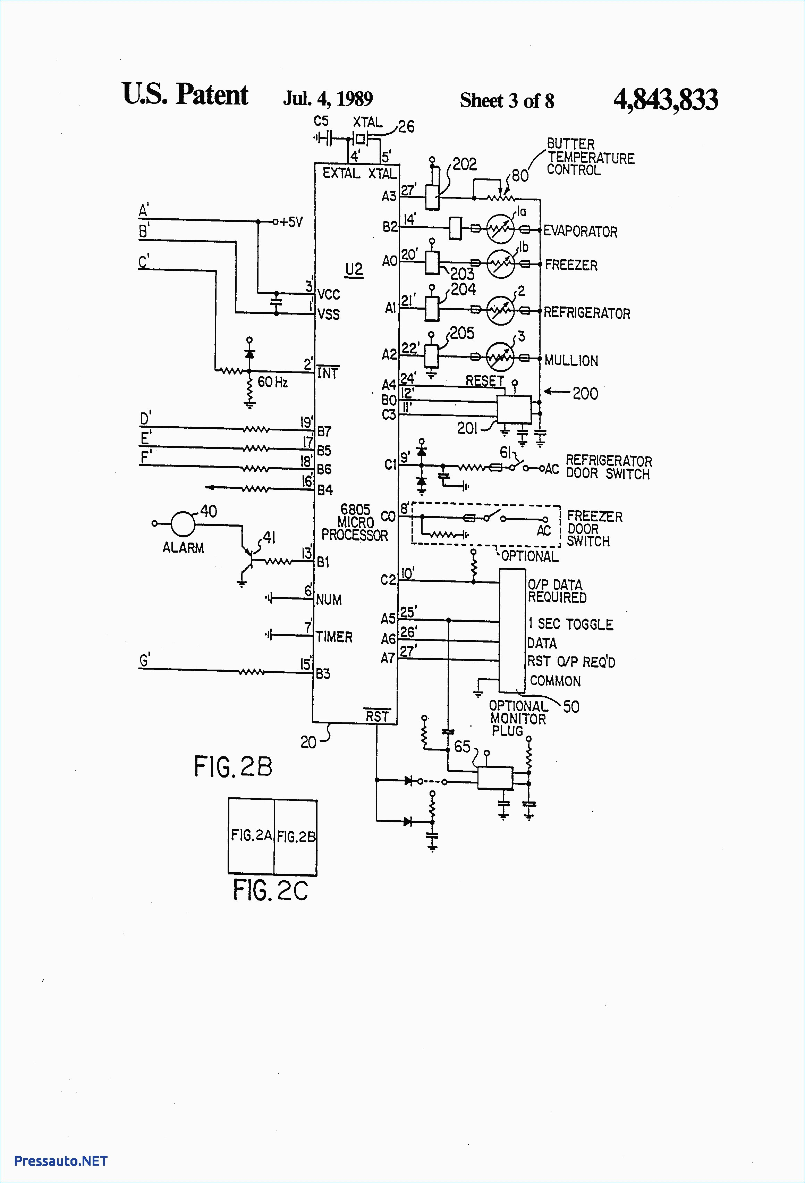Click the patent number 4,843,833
tap(665, 100)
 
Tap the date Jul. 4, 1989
tap(328, 99)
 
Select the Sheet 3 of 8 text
tap(507, 101)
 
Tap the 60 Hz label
tap(273, 382)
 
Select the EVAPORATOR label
tap(580, 232)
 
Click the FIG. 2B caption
tap(233, 766)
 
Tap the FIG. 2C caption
tap(270, 890)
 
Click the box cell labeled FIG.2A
tap(251, 835)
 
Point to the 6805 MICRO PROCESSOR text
tap(355, 522)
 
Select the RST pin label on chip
tap(377, 716)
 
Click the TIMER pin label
tap(334, 637)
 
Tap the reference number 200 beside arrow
tap(585, 394)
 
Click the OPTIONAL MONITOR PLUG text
tap(517, 718)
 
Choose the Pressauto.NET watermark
tap(61, 1160)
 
